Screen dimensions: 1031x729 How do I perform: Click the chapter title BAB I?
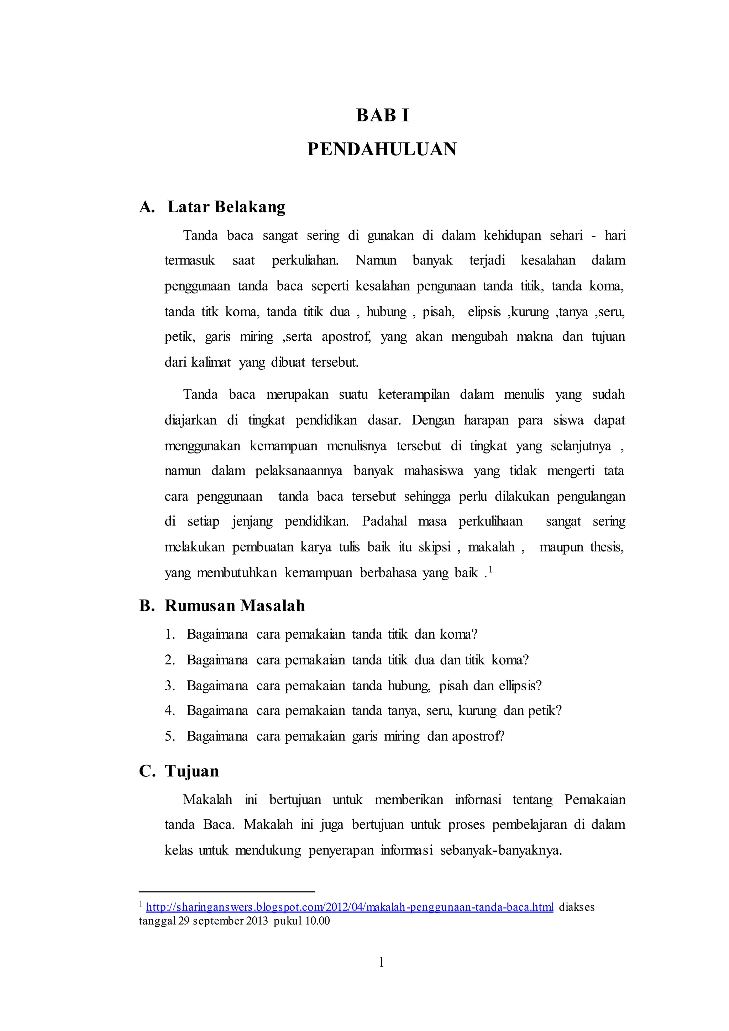(x=382, y=115)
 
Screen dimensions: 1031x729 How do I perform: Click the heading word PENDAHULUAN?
(x=382, y=149)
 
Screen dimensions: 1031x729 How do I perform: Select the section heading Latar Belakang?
(x=226, y=207)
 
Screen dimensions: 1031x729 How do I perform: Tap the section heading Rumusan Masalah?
(x=235, y=606)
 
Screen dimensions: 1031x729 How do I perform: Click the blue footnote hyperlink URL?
(x=350, y=907)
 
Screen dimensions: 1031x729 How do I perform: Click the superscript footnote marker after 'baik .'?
(x=491, y=569)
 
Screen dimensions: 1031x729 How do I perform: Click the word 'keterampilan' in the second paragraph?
(x=413, y=395)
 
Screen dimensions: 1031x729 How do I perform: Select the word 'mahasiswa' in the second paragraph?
(x=433, y=471)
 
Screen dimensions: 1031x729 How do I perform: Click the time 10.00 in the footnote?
(x=318, y=921)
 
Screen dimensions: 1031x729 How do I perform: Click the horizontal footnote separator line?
(x=227, y=891)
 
